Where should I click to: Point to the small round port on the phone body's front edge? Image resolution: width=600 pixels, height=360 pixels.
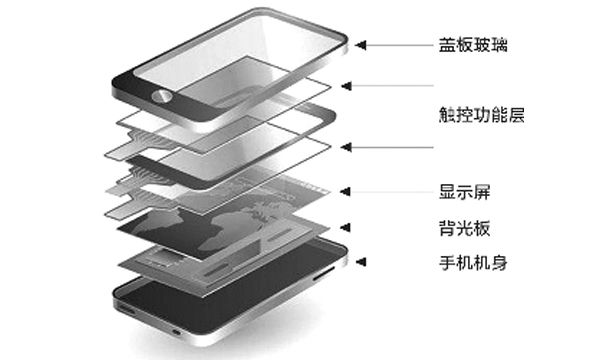[176, 331]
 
